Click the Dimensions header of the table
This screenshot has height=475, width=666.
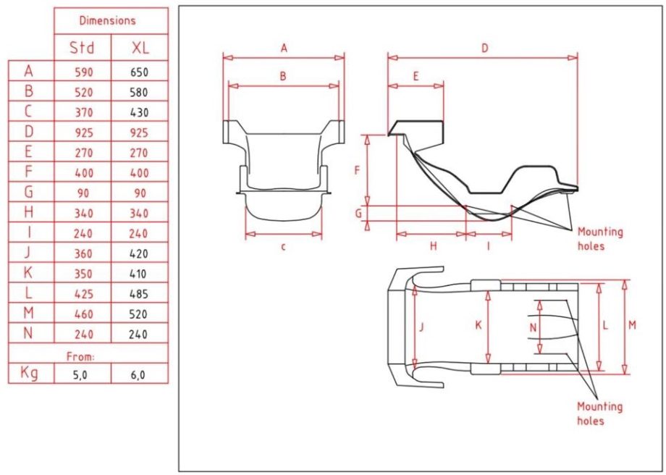pos(111,21)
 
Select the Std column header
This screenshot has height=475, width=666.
pos(82,48)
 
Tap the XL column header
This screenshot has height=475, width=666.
pos(139,48)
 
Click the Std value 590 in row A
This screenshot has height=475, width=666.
pos(83,72)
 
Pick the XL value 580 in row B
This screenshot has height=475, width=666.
pos(139,92)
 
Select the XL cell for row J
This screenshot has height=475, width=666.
pos(139,253)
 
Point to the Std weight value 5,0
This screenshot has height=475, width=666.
pos(83,374)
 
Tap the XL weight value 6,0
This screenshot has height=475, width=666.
pos(139,374)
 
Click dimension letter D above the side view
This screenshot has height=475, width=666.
pos(484,48)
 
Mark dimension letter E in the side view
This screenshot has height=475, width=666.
pos(415,76)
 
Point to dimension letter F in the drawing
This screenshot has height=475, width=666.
pos(356,171)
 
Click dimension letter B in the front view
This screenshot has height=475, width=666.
pos(283,75)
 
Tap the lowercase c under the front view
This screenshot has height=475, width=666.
pos(283,246)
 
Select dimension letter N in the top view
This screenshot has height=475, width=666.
pos(533,327)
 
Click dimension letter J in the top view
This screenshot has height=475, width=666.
pos(422,327)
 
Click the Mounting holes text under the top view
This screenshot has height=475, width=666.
pos(599,413)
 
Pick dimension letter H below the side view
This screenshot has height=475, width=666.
pos(433,246)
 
